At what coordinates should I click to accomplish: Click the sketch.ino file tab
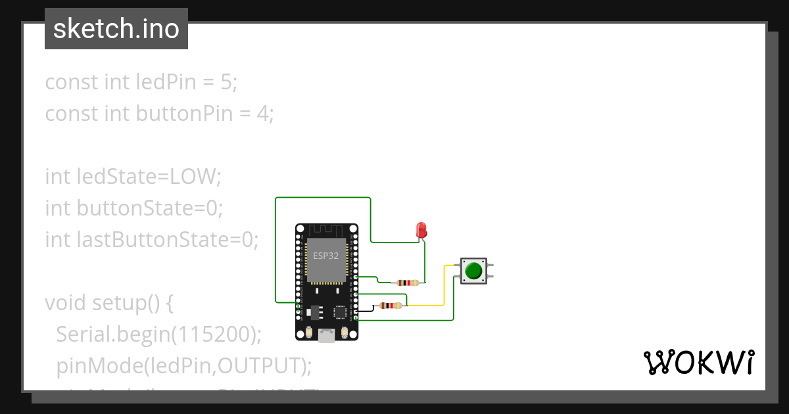[116, 29]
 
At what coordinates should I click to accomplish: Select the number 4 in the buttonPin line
[263, 114]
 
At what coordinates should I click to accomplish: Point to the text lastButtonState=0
[151, 240]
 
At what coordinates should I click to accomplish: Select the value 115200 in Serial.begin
[213, 334]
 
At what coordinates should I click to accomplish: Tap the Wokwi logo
[698, 363]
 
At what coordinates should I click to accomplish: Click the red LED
[421, 230]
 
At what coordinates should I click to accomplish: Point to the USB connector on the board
[326, 336]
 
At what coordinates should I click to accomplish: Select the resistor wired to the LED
[408, 283]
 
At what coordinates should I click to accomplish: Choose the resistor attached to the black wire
[391, 305]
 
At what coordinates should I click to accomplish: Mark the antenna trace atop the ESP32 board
[326, 231]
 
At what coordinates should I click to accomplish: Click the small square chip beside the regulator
[340, 311]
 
